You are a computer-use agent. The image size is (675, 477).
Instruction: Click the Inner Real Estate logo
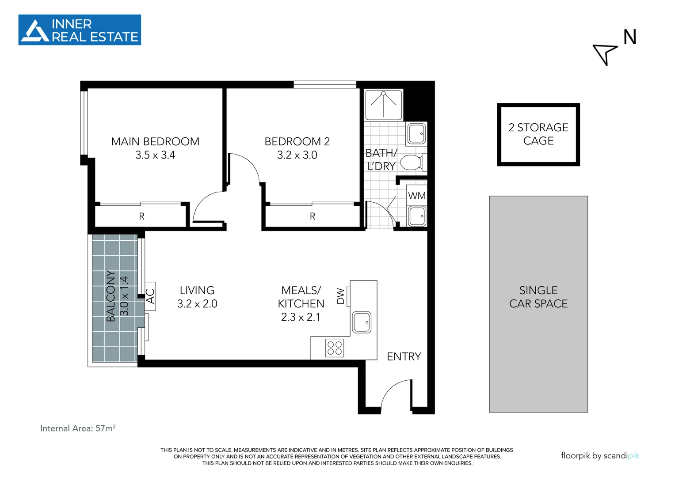point(80,30)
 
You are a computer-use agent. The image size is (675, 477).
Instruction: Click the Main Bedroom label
point(155,141)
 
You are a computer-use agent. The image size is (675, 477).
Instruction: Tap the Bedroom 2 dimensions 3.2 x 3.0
point(297,155)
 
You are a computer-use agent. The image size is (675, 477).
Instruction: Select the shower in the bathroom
point(383,105)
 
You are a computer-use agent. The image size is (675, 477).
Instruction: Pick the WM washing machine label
point(417,196)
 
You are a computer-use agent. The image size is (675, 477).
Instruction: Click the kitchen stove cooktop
point(335,348)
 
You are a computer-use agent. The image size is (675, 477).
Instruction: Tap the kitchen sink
point(362,322)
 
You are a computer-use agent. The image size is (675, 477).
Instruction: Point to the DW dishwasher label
point(340,296)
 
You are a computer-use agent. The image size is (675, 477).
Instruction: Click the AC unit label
point(150,296)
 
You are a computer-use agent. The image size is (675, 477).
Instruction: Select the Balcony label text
point(111,296)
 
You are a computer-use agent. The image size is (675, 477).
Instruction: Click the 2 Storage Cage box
point(538,134)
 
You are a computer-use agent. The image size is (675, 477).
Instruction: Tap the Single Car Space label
point(538,297)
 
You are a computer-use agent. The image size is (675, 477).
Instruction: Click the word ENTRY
point(404,356)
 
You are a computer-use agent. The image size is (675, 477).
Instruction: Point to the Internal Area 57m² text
point(78,428)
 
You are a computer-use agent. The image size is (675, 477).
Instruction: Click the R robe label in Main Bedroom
point(141,216)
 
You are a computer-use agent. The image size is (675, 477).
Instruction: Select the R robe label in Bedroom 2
point(313,216)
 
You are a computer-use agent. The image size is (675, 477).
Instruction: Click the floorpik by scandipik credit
point(600,456)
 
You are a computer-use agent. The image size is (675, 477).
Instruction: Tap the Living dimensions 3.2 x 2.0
point(197,303)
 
